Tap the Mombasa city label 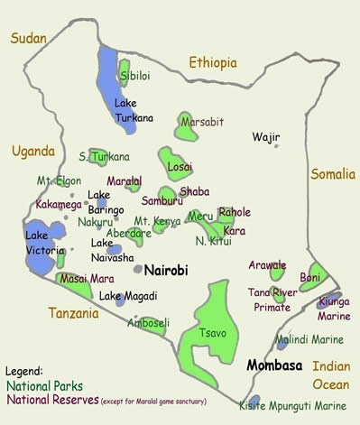[x=275, y=368]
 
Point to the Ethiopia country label [x=213, y=62]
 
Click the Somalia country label [x=333, y=173]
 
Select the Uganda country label [x=33, y=151]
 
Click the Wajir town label [x=266, y=137]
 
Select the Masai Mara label [x=88, y=279]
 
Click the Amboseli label [x=147, y=322]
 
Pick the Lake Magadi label [x=128, y=296]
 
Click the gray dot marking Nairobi [x=137, y=269]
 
